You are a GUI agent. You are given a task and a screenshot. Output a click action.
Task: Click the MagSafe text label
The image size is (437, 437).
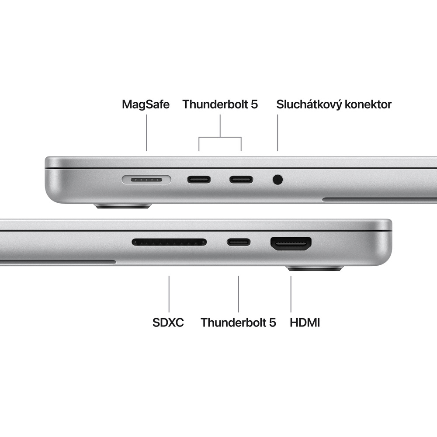(x=146, y=104)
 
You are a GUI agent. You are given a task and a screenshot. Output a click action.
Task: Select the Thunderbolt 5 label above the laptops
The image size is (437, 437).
(x=220, y=104)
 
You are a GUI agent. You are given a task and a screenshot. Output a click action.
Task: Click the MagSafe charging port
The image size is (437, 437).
(x=146, y=179)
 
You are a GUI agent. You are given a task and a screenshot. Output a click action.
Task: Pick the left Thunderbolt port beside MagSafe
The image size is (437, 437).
(x=199, y=179)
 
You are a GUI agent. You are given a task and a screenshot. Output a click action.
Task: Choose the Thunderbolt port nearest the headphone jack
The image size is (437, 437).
(x=241, y=179)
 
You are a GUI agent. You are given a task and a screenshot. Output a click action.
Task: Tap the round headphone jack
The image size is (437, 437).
(x=277, y=179)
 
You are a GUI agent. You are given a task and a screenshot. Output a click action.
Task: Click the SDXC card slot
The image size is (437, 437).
(x=169, y=242)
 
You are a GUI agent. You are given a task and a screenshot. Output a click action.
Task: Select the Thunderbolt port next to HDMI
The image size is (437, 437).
(x=239, y=242)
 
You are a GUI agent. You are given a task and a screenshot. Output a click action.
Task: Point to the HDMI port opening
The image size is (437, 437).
(x=291, y=243)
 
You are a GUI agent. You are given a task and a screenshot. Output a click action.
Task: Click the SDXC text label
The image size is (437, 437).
(x=168, y=323)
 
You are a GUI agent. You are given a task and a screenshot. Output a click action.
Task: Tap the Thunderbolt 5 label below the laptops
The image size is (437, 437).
(x=238, y=323)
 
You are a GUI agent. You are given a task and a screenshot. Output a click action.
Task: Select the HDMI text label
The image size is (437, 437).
(x=305, y=323)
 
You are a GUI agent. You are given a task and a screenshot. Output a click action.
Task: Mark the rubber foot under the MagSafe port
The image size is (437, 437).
(x=124, y=205)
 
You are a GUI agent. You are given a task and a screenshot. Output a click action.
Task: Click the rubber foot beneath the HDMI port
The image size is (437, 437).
(x=315, y=268)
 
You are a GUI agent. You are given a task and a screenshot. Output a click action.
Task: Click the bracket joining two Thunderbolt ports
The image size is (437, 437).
(x=220, y=137)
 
